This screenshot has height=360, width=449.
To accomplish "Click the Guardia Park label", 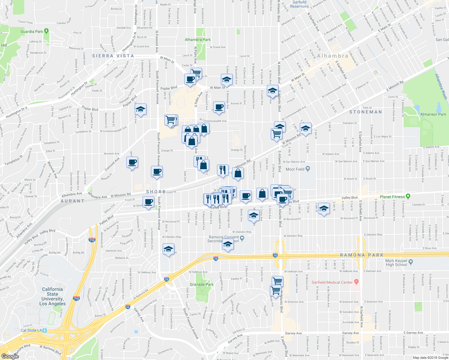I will point(32,31).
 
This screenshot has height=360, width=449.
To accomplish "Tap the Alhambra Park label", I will point(198,40).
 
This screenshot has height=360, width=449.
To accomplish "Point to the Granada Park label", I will point(202,284).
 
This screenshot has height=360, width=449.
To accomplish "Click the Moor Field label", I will point(295,169).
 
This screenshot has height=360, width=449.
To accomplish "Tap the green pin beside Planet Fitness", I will point(408,196).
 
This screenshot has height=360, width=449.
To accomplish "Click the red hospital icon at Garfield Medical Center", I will point(356,282).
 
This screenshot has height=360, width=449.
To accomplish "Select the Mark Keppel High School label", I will point(396,263).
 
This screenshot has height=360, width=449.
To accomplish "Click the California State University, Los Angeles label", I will point(52,296).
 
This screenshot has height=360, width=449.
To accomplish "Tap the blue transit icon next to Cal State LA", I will point(45,330).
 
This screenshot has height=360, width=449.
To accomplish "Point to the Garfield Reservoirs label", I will point(300,4).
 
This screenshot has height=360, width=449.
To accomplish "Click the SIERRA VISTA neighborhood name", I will point(113,56).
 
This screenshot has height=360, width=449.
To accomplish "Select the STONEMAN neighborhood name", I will point(366,112).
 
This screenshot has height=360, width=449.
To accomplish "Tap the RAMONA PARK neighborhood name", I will point(362,255).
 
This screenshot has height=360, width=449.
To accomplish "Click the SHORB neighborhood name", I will point(156,192).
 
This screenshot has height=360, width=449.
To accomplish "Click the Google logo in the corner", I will point(10,356).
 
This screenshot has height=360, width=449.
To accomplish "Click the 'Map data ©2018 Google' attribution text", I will point(430,358).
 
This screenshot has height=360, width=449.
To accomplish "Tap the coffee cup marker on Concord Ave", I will point(132,163).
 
